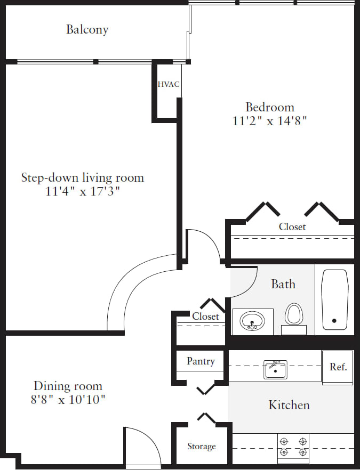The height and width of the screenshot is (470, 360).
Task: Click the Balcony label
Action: coord(87,29)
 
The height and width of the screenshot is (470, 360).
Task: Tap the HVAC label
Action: coord(168,84)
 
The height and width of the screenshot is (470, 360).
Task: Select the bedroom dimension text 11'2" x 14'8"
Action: coord(270,121)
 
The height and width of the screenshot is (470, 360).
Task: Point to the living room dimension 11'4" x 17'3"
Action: coord(83,191)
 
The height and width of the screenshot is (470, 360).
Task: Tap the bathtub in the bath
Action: coord(334,299)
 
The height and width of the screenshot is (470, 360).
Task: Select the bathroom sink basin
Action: coord(252,321)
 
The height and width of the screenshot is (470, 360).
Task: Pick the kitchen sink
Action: coord(275,369)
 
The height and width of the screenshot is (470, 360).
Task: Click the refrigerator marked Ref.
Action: coord(338,367)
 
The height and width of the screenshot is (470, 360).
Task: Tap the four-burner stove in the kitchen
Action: coord(293,447)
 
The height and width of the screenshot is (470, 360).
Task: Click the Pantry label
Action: coord(201,361)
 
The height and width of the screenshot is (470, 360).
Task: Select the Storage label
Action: coord(201,447)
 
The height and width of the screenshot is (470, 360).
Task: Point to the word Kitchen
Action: coord(289,405)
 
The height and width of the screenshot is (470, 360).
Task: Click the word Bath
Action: coord(283,284)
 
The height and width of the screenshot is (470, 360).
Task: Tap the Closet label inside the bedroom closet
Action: coord(292,227)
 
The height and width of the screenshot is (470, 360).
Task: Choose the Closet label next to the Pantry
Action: coord(205,317)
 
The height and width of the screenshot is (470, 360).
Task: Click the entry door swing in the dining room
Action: coord(142,445)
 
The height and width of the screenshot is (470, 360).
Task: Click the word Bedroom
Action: coord(269,107)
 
